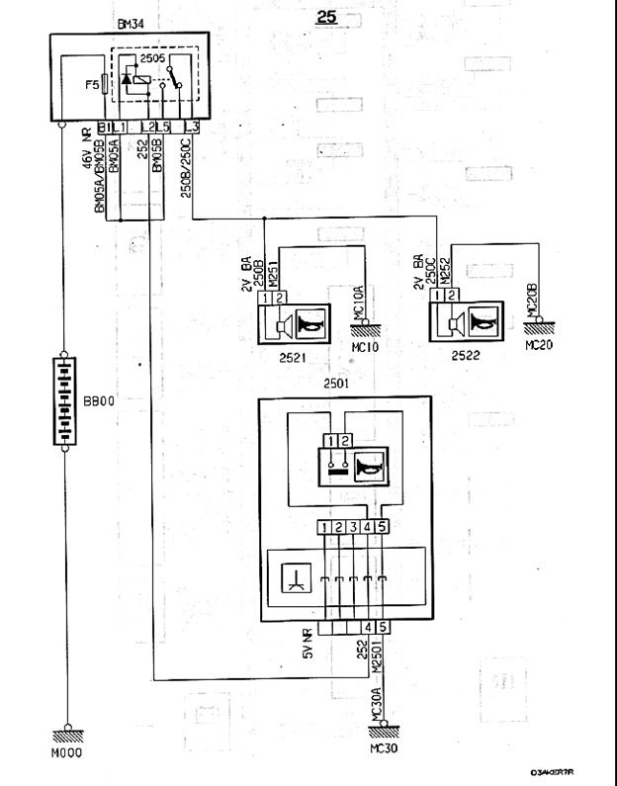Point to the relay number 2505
click(x=152, y=58)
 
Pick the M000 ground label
click(x=68, y=752)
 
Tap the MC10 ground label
click(x=365, y=349)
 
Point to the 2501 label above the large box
click(x=337, y=383)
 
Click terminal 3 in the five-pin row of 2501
click(x=351, y=527)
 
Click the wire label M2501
click(x=376, y=658)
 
